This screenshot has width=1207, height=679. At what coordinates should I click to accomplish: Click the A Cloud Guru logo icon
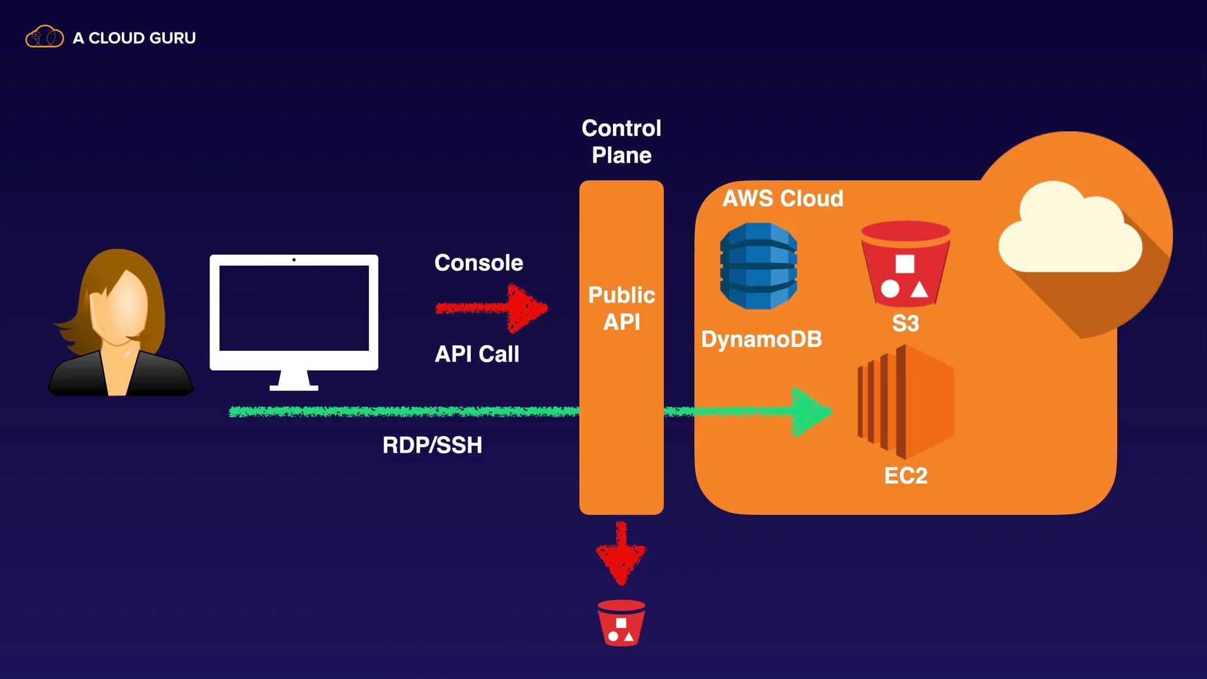pos(44,38)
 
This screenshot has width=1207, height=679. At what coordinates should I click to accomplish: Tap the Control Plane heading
pos(621,141)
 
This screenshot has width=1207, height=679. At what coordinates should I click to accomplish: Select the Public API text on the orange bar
pos(621,308)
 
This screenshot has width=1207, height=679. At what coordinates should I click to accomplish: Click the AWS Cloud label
pos(783,199)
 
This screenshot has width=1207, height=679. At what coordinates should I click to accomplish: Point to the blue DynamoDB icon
pos(759,266)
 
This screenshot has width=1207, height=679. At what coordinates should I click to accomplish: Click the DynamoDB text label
pos(761,339)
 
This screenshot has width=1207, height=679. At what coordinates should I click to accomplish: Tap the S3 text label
pos(905,324)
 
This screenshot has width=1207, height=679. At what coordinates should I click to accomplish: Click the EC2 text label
pos(905,476)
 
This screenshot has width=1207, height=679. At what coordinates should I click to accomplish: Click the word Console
pos(478,263)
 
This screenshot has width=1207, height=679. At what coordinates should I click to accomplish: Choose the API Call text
pos(477,354)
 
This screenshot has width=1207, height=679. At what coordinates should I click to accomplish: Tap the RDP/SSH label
pos(433,445)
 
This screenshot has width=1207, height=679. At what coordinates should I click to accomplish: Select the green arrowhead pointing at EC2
pos(811,412)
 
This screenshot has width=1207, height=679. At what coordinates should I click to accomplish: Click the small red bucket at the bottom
pos(621,623)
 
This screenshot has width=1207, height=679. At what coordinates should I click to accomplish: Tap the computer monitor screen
pos(294,308)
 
